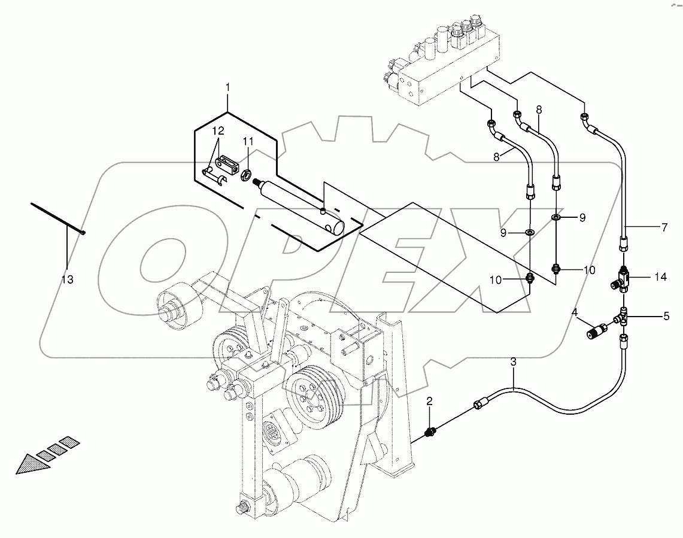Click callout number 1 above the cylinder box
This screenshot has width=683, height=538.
coord(227,88)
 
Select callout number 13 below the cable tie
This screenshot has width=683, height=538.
coord(68,279)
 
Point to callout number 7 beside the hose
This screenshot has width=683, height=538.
coord(664,227)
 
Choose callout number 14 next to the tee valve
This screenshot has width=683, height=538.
coord(660,278)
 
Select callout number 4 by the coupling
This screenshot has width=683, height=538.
coord(575,312)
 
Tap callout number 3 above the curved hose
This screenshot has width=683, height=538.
coord(513,361)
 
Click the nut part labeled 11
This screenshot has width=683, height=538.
coord(245,175)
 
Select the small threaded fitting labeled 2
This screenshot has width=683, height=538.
coord(430,431)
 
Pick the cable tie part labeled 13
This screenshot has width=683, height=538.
coord(57,218)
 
